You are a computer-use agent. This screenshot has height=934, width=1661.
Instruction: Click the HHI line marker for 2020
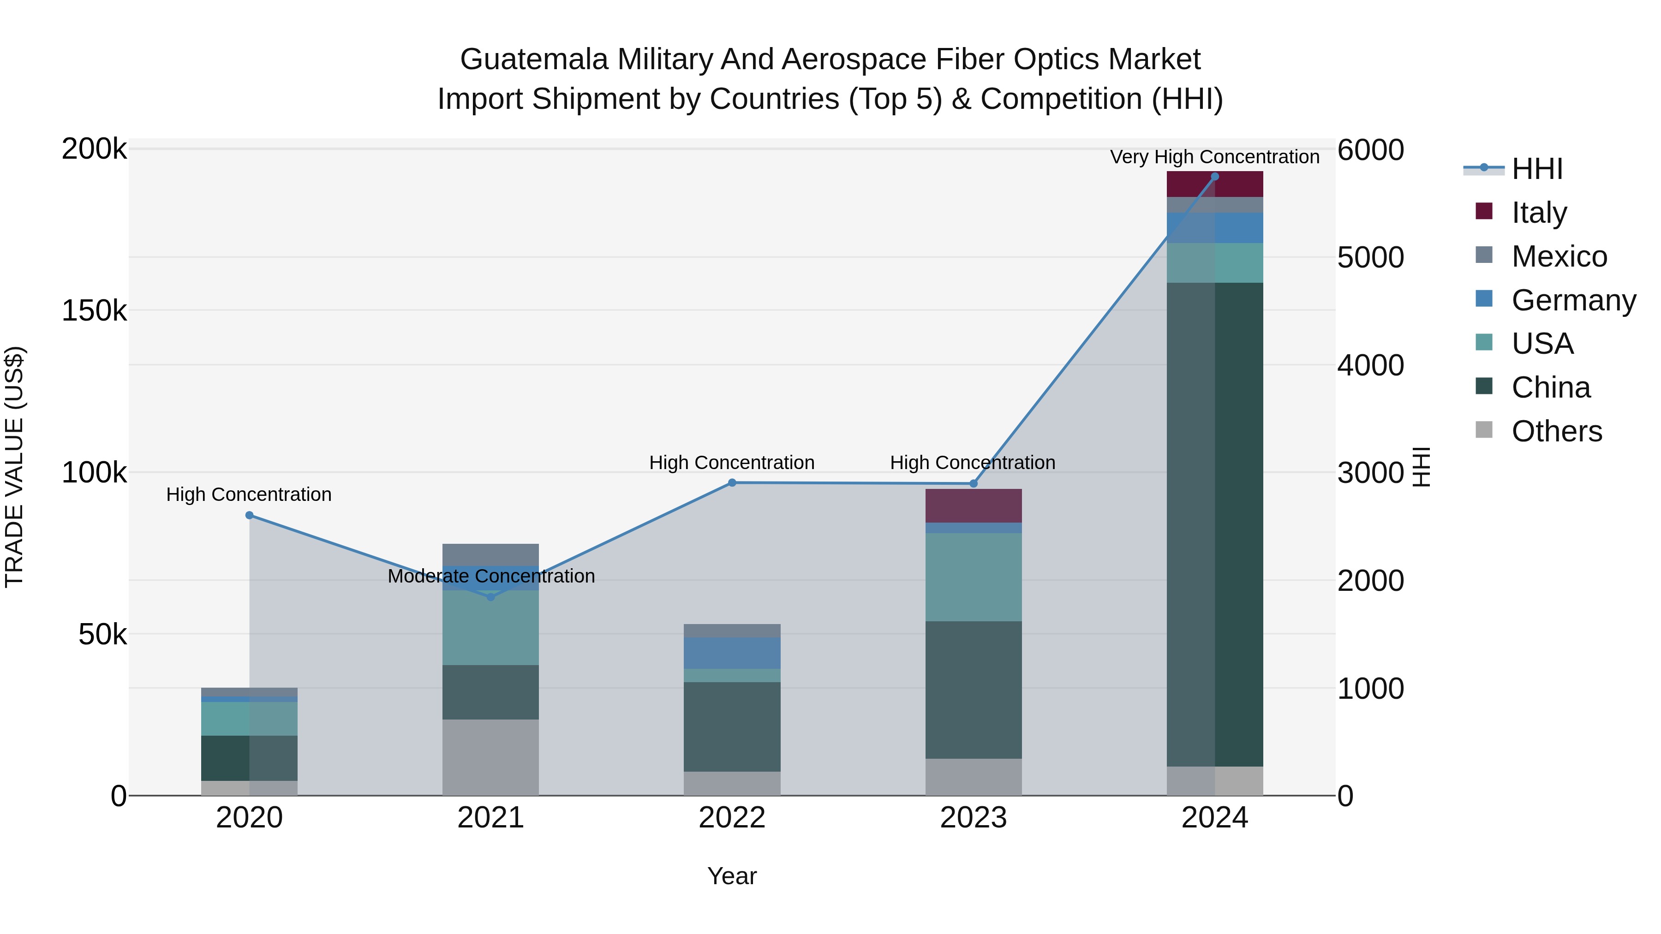250,515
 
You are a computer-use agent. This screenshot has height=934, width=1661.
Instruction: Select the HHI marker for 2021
491,597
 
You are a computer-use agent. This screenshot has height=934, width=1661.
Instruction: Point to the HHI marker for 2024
1215,177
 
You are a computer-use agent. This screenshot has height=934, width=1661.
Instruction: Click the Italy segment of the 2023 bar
974,506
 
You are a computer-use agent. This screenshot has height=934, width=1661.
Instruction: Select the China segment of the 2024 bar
1215,524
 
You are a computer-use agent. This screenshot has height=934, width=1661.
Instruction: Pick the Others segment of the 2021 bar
491,757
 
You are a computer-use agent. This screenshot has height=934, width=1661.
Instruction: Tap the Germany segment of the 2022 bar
732,653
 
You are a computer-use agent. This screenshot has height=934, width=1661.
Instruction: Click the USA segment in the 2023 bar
974,577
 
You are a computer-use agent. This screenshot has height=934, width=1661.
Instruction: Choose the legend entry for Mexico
1559,256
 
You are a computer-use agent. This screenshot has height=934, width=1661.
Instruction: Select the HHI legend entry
1536,169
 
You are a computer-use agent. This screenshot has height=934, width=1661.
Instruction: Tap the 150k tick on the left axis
94,311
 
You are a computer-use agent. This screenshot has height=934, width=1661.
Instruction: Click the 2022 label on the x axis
732,817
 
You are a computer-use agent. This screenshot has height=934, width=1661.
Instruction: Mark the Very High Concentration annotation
1214,157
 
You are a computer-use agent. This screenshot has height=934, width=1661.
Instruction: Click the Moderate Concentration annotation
491,576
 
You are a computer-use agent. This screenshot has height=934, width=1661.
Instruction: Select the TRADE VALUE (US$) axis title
14,467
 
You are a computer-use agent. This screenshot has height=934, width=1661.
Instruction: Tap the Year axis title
732,876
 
